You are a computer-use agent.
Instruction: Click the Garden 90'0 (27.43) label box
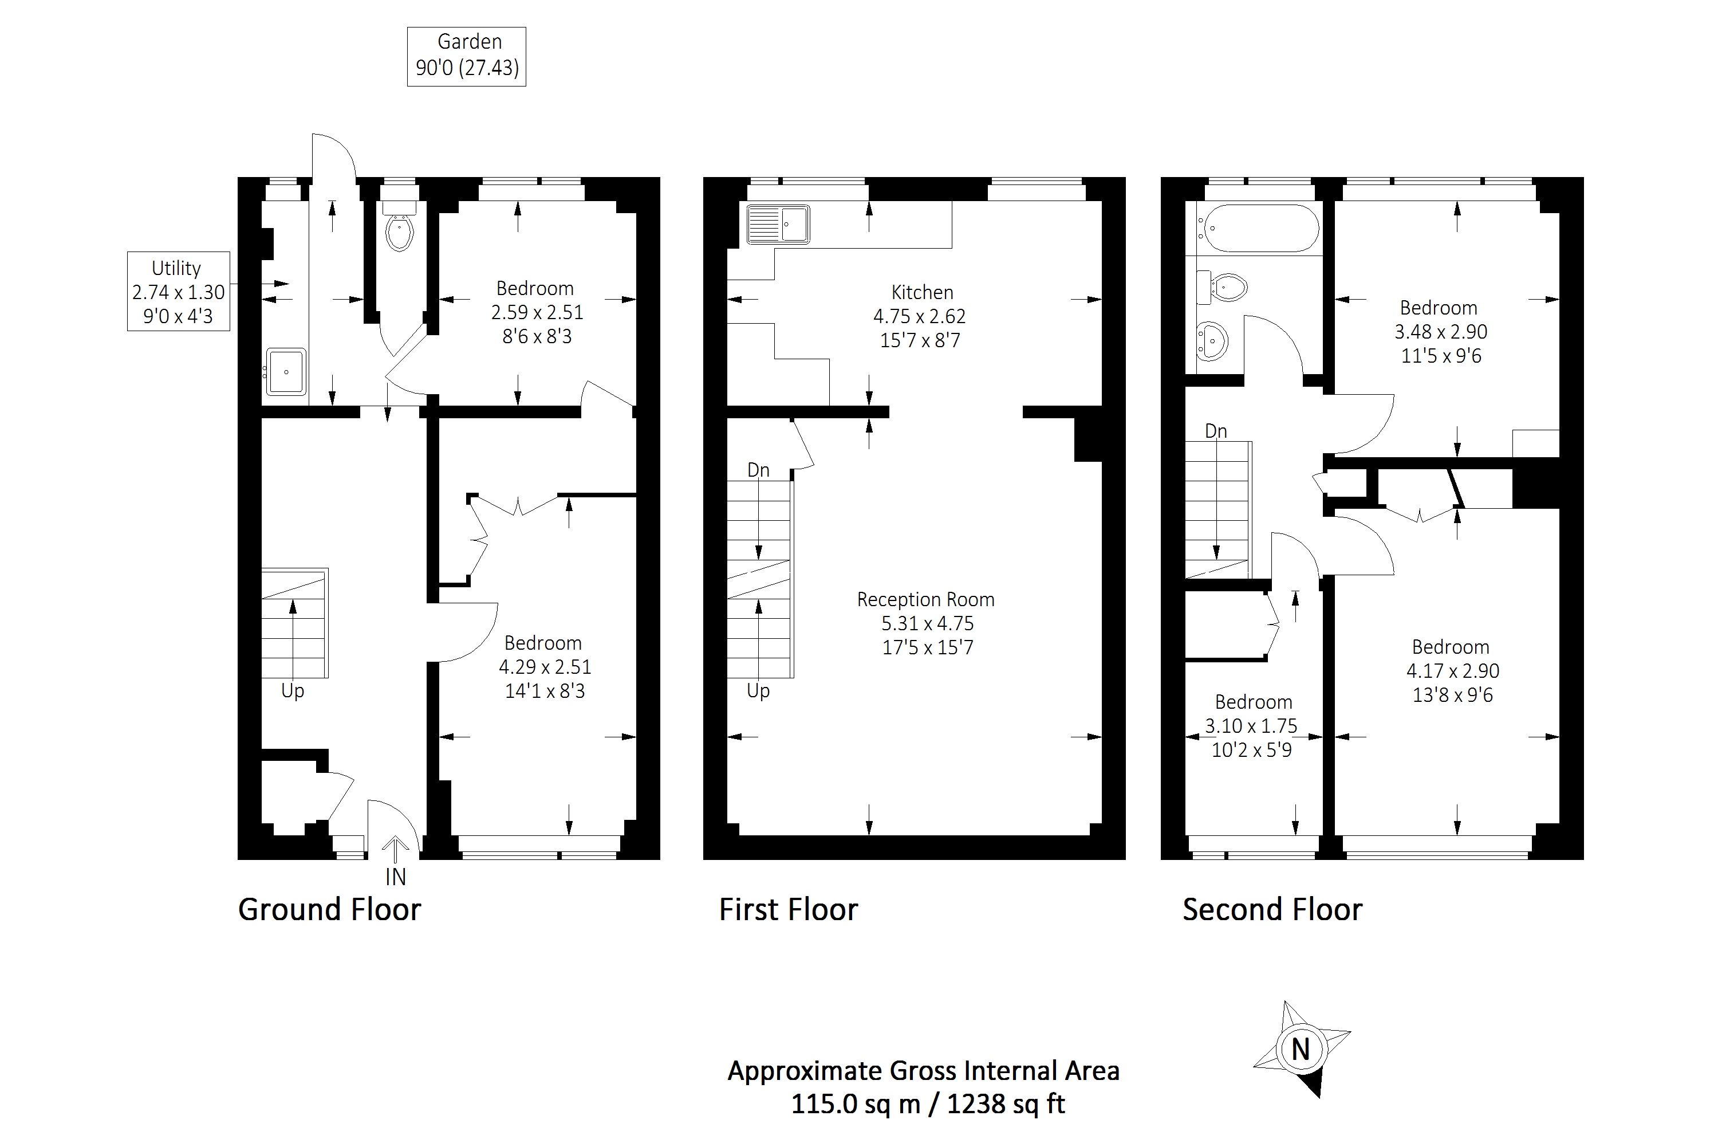coord(466,56)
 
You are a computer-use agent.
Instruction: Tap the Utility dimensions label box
coord(179,292)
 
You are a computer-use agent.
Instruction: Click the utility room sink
coord(286,372)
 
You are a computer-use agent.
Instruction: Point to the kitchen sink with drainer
coord(778,224)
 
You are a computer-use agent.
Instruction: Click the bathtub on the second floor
coord(1260,228)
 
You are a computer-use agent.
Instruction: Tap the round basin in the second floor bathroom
coord(1213,340)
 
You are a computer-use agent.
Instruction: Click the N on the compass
coord(1301,1050)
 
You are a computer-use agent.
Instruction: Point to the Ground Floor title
coord(329,910)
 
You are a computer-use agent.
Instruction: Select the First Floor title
coord(789,910)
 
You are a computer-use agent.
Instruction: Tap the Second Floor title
coord(1272,910)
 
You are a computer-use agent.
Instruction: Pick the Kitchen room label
coord(921,292)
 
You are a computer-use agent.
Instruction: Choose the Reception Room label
coord(925,599)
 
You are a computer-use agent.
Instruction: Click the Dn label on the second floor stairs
coord(1216,431)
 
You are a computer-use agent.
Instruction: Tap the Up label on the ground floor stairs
coord(292,690)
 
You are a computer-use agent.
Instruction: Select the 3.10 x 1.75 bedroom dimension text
coord(1251,726)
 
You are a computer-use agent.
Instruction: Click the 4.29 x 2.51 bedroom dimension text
coord(544,667)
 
